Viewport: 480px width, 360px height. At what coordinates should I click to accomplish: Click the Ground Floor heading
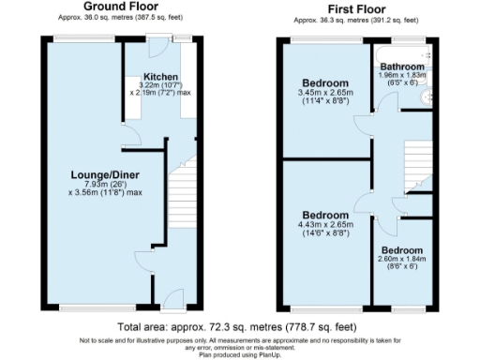pos(119,7)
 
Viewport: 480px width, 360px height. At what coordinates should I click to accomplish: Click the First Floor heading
pos(355,7)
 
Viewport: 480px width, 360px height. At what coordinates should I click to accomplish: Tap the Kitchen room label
pos(160,77)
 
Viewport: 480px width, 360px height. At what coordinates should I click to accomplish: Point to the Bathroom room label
pos(401,67)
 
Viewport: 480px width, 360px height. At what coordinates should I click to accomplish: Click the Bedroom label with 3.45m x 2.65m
pos(322,82)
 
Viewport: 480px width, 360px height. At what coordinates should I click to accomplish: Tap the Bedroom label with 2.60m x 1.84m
pos(401,251)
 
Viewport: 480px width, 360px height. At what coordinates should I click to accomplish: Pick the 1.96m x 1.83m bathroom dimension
pos(401,76)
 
